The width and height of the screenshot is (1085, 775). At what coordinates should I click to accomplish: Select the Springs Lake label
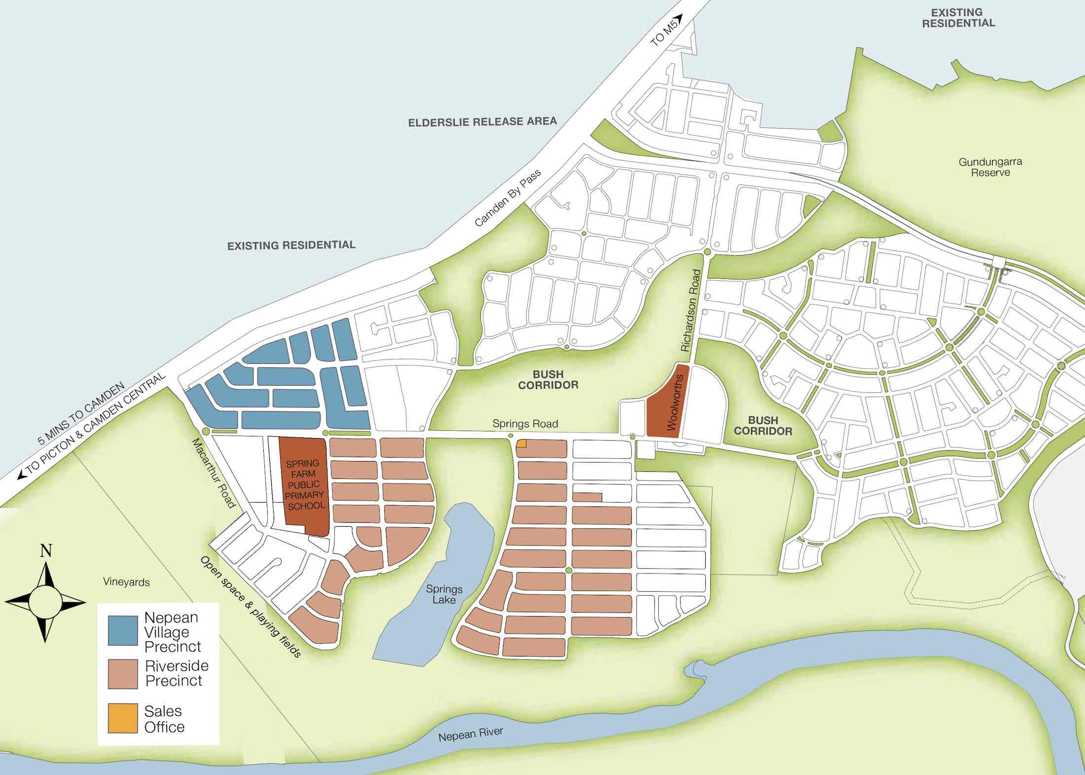(x=444, y=594)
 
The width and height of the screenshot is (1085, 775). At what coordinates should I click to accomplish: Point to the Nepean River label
(x=470, y=734)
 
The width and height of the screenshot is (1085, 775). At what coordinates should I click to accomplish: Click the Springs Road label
(x=525, y=424)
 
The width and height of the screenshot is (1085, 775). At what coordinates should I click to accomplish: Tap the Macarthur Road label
(x=214, y=473)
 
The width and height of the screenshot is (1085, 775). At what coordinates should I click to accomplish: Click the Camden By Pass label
(x=507, y=198)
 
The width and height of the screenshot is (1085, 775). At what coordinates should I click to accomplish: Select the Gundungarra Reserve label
(x=990, y=167)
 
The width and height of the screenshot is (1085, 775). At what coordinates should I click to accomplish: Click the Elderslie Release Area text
(x=482, y=122)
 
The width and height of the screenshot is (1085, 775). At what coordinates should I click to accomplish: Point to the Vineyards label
(x=126, y=582)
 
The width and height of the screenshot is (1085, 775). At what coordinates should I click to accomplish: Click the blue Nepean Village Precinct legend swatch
(x=123, y=631)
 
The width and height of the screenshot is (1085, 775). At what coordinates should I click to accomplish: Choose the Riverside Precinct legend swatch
(x=123, y=674)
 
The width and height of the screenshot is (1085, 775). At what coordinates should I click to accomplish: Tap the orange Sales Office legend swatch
(x=123, y=718)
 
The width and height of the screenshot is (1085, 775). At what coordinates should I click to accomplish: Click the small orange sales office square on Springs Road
(x=521, y=443)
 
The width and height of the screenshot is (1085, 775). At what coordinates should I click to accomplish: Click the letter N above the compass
(x=46, y=550)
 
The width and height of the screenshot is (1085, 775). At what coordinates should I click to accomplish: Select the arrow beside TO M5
(x=678, y=18)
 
